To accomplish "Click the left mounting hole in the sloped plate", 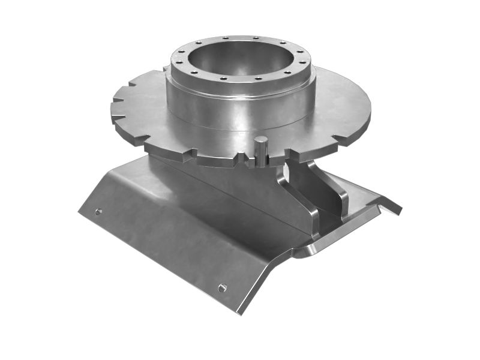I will pyautogui.click(x=98, y=212).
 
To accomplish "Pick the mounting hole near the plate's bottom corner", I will pyautogui.click(x=222, y=288).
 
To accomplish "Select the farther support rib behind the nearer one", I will pyautogui.click(x=333, y=186).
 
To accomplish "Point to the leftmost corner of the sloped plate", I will pyautogui.click(x=79, y=212).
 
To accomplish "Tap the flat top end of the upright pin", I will pyautogui.click(x=261, y=140).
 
